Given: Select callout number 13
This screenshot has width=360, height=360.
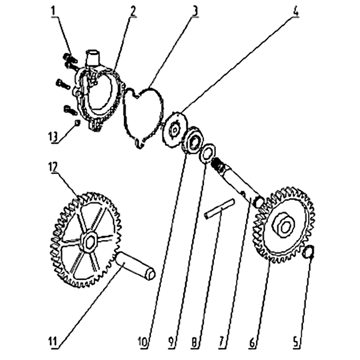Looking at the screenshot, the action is (x=53, y=137).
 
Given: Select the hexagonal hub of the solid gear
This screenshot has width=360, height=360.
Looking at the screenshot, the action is (x=283, y=225).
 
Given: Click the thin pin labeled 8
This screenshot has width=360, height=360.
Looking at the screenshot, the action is (x=220, y=208).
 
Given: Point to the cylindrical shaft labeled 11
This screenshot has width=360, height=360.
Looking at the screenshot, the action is (x=135, y=265).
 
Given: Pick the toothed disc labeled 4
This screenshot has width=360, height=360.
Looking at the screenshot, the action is (x=174, y=130).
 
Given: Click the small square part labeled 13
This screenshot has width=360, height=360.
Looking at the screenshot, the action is (x=77, y=122).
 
